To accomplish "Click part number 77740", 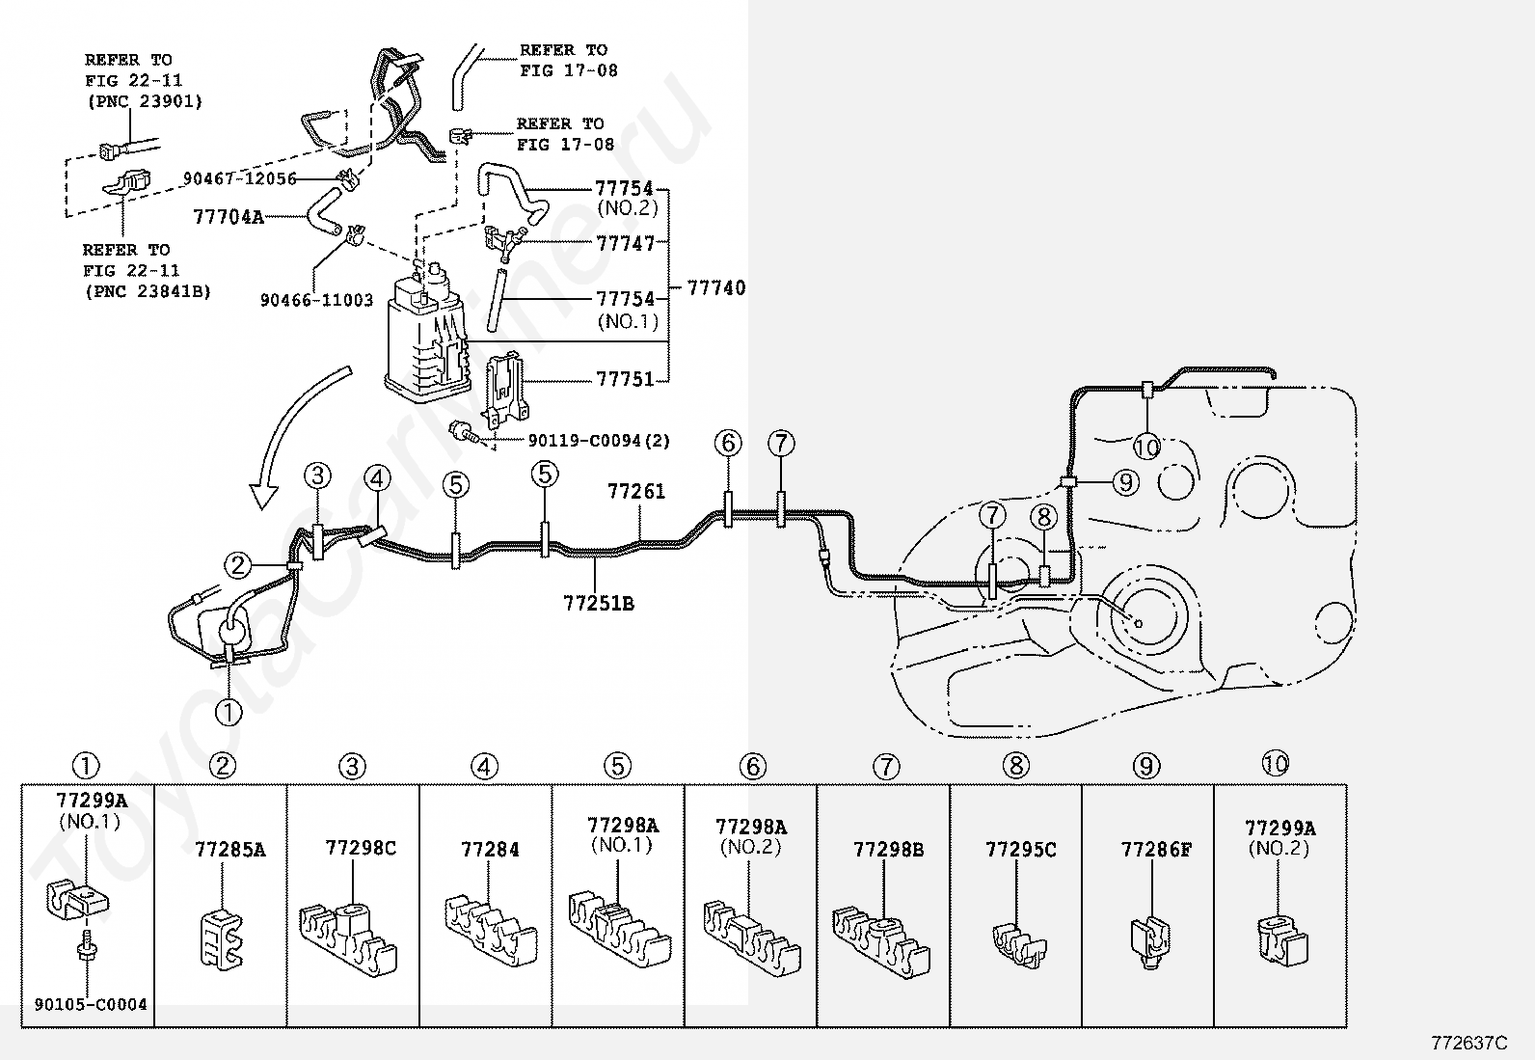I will (715, 287).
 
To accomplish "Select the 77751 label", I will (625, 379).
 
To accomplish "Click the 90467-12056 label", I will (239, 178).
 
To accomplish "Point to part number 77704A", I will (229, 217).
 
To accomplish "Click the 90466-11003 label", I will (316, 300).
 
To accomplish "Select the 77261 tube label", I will (636, 491).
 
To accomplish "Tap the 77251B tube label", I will (599, 604).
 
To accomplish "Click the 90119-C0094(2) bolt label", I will (599, 441).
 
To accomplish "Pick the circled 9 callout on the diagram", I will (1125, 481).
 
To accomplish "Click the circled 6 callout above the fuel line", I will (729, 444).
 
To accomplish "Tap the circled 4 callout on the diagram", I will (378, 477).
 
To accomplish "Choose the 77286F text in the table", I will (1156, 850).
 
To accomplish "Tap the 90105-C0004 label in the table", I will (89, 1004).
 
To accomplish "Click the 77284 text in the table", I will (490, 850).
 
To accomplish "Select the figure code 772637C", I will (1468, 1043).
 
